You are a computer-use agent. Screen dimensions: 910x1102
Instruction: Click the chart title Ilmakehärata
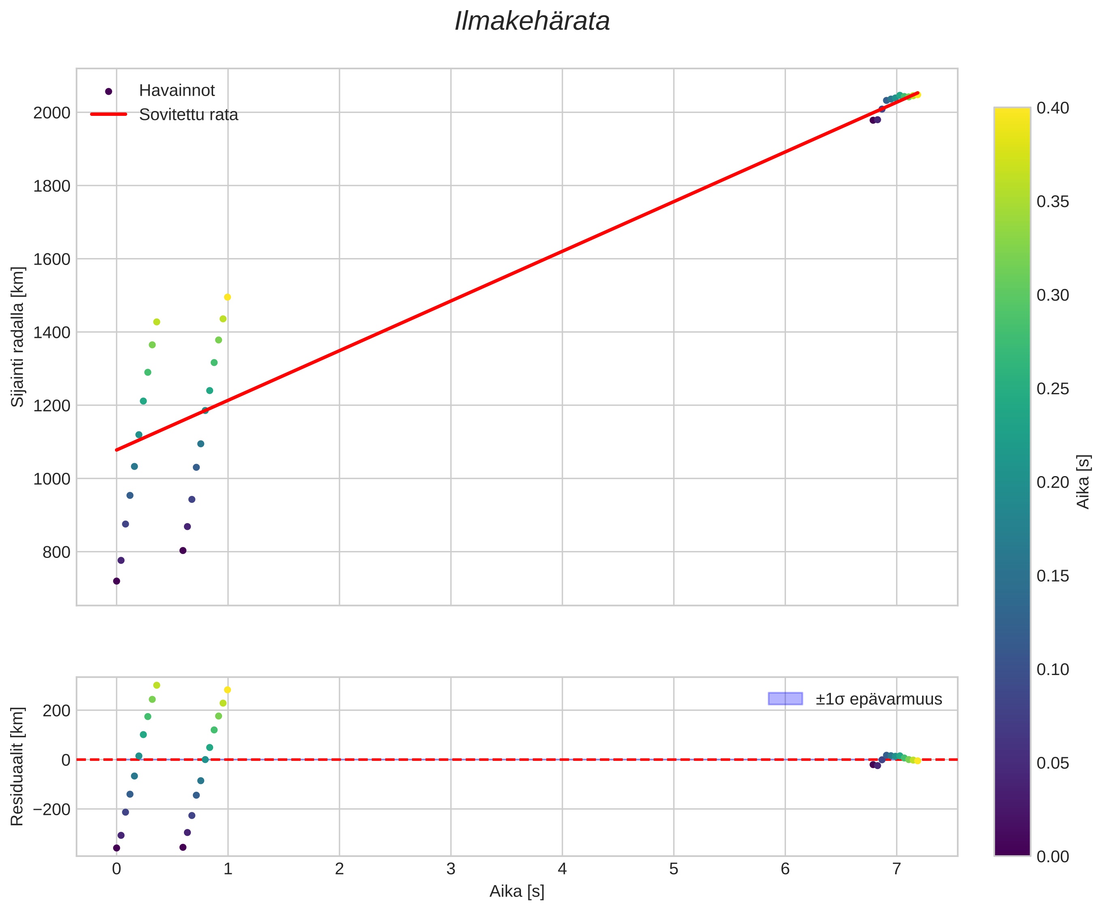532,22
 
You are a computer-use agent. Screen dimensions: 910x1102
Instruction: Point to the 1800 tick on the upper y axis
52,186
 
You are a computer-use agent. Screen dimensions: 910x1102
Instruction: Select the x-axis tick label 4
562,869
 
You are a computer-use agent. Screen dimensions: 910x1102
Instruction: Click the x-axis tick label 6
785,869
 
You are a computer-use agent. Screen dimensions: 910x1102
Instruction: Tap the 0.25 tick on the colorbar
1053,389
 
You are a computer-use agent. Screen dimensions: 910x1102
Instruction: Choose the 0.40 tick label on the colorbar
1053,108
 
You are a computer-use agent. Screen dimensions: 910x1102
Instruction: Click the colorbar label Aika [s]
1083,481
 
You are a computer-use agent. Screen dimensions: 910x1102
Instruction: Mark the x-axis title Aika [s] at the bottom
517,892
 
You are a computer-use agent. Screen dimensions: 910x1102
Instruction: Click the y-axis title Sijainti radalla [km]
18,337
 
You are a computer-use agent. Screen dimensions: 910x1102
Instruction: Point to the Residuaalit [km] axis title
18,766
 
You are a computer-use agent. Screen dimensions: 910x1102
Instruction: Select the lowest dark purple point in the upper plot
116,581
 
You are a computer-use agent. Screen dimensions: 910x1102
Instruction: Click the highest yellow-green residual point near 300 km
156,685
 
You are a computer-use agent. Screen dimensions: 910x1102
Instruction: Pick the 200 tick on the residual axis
59,710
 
